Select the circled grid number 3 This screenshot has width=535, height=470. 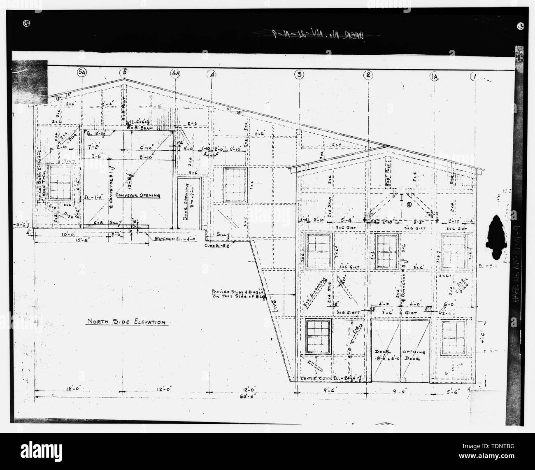point(299,74)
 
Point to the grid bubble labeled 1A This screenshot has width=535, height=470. point(435,76)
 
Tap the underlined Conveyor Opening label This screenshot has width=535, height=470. point(137,195)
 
